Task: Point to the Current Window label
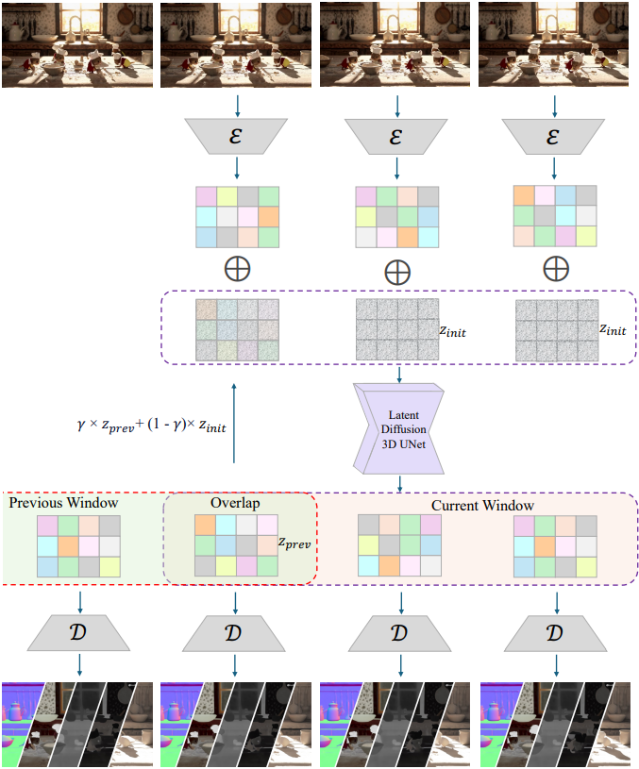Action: click(482, 506)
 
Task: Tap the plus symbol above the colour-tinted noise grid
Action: click(237, 268)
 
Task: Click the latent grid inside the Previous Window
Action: click(79, 546)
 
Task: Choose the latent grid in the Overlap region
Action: click(235, 545)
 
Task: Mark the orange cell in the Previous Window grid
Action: click(69, 546)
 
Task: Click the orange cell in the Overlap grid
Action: click(205, 526)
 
